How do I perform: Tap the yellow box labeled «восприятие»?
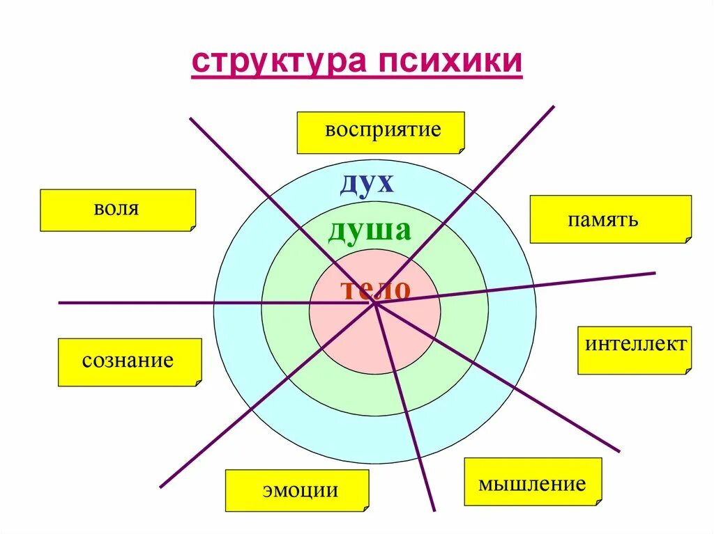381,132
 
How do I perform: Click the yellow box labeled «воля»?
118,210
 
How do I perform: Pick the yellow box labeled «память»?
611,219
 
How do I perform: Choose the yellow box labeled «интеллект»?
635,350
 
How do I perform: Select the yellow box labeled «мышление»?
533,481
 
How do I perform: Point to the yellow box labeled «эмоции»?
297,490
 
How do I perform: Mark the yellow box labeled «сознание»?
130,362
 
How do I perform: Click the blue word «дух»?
367,183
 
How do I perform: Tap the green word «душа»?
370,230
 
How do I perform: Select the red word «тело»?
375,289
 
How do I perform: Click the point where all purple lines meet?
375,303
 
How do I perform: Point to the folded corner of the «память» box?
688,239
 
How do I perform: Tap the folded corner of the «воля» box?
192,227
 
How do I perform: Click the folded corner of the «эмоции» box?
365,508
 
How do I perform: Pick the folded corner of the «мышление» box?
598,501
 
